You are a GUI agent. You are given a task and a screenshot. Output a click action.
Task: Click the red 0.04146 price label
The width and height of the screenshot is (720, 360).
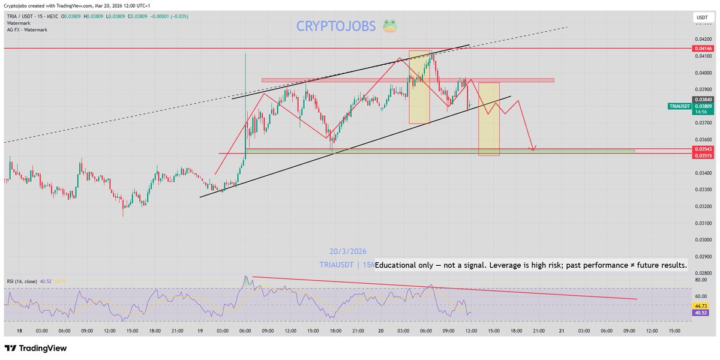point(702,48)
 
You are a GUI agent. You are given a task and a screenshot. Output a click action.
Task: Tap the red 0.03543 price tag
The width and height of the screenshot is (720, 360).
point(702,148)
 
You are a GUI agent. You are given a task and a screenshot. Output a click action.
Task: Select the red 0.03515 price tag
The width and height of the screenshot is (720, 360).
point(702,155)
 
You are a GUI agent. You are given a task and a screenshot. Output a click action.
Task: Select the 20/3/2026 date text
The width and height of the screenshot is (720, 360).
point(348,251)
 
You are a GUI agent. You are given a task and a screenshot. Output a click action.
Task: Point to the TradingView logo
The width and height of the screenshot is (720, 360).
point(36,348)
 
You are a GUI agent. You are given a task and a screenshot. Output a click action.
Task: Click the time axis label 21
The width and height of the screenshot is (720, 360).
point(561,331)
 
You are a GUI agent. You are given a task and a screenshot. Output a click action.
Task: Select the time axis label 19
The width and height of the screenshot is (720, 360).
point(200,331)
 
